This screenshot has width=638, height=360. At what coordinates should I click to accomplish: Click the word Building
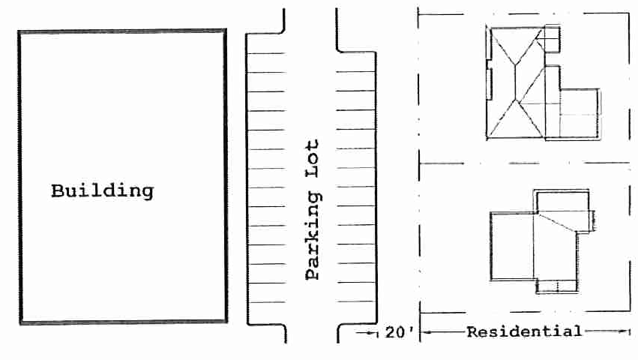[x=102, y=191]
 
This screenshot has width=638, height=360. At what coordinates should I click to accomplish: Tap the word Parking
[x=313, y=235]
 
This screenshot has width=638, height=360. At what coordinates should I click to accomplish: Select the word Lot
[x=312, y=158]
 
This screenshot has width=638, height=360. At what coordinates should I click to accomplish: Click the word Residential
[x=524, y=331]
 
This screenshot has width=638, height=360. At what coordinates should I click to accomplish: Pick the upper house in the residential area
[x=544, y=82]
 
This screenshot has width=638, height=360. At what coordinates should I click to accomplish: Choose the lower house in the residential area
[x=542, y=241]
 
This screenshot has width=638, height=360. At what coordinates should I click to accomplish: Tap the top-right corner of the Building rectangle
[x=226, y=30]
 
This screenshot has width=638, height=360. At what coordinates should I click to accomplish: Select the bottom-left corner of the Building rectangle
[x=20, y=323]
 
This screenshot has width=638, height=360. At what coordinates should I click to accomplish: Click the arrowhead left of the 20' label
[x=373, y=333]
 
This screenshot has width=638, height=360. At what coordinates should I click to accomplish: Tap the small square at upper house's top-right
[x=552, y=39]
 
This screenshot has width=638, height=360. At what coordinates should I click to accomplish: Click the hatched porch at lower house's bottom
[x=556, y=286]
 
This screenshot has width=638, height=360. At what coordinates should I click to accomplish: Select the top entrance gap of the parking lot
[x=310, y=20]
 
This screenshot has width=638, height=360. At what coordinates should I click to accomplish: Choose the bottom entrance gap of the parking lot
[x=312, y=333]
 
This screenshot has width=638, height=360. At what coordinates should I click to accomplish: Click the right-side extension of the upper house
[x=580, y=114]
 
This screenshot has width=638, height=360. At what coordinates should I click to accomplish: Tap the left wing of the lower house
[x=512, y=246]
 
